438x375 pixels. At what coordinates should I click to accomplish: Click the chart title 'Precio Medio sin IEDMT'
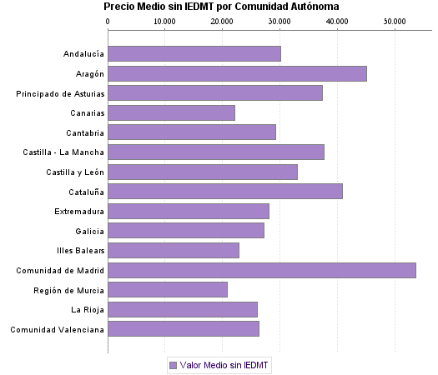pos(221,7)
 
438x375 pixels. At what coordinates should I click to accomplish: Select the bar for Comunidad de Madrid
pos(262,270)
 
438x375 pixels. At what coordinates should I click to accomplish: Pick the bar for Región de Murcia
pos(168,290)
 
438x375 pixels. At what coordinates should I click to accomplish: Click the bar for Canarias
pos(172,112)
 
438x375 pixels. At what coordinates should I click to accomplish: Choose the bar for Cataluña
pos(225,192)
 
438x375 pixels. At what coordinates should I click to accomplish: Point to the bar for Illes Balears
pos(174,250)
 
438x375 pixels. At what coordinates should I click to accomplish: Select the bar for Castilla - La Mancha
pos(216,152)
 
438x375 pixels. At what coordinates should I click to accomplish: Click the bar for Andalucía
pos(194,53)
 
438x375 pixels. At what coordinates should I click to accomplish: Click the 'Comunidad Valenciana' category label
pos(58,329)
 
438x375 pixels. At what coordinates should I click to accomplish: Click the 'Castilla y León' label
pos(75,172)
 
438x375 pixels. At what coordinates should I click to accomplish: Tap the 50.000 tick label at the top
pos(394,19)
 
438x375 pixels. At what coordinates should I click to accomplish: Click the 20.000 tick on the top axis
pos(222,19)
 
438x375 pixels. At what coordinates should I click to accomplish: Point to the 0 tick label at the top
pos(108,19)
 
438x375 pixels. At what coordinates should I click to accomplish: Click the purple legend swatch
pos(173,365)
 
